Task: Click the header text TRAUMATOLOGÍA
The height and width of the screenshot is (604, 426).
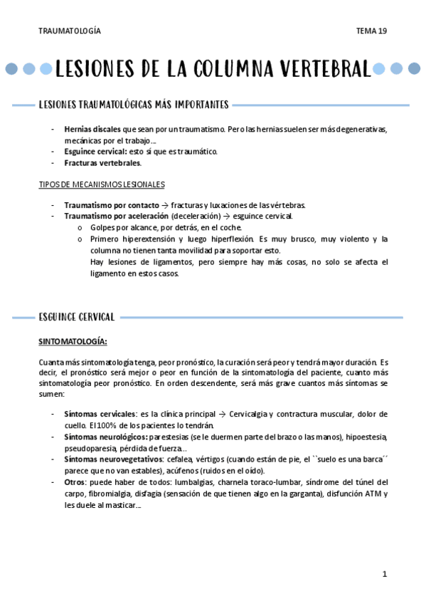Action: (x=70, y=31)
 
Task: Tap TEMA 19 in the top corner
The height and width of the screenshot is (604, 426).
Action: (x=372, y=31)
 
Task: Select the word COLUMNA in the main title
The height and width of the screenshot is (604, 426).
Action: (x=226, y=69)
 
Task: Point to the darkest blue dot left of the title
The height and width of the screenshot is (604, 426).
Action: (x=11, y=69)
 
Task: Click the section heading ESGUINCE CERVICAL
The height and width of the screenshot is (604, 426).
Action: (x=78, y=316)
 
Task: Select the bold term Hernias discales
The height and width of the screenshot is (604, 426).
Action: (x=92, y=130)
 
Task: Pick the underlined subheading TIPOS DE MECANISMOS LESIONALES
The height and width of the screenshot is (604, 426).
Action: (x=101, y=184)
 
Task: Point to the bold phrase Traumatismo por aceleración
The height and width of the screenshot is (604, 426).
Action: (x=115, y=216)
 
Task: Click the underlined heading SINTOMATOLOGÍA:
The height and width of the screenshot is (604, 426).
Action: (x=73, y=340)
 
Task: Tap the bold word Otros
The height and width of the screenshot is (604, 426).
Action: (x=75, y=482)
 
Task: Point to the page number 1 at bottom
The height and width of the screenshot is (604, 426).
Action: (x=383, y=574)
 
